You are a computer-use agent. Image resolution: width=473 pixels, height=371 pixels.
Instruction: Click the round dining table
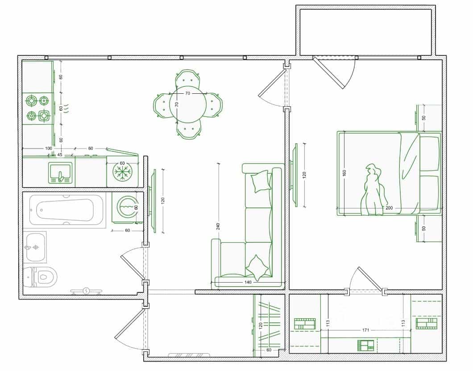(188, 104)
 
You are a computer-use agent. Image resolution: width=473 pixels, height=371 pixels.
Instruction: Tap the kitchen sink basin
(60, 173)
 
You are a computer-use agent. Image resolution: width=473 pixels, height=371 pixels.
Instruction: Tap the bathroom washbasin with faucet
(35, 247)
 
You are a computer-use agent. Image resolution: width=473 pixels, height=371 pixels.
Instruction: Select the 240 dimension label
(218, 226)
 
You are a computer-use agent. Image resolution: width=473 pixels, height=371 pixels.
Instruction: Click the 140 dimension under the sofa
(248, 282)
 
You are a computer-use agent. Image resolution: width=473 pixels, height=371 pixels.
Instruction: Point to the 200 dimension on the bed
(389, 208)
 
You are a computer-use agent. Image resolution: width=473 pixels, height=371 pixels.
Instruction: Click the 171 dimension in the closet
(365, 330)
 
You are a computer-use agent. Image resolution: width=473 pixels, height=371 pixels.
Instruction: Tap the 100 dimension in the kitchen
(48, 148)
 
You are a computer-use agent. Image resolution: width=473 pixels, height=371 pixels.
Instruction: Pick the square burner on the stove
(44, 115)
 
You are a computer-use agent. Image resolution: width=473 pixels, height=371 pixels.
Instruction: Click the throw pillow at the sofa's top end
(261, 181)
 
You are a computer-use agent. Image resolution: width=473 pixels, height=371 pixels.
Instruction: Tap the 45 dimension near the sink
(60, 155)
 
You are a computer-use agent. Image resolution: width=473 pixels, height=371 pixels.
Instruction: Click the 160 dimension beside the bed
(344, 173)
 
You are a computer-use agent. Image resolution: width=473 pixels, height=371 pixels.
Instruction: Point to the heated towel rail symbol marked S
(86, 291)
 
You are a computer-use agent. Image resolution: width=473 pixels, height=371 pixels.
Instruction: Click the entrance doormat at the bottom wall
(189, 355)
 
